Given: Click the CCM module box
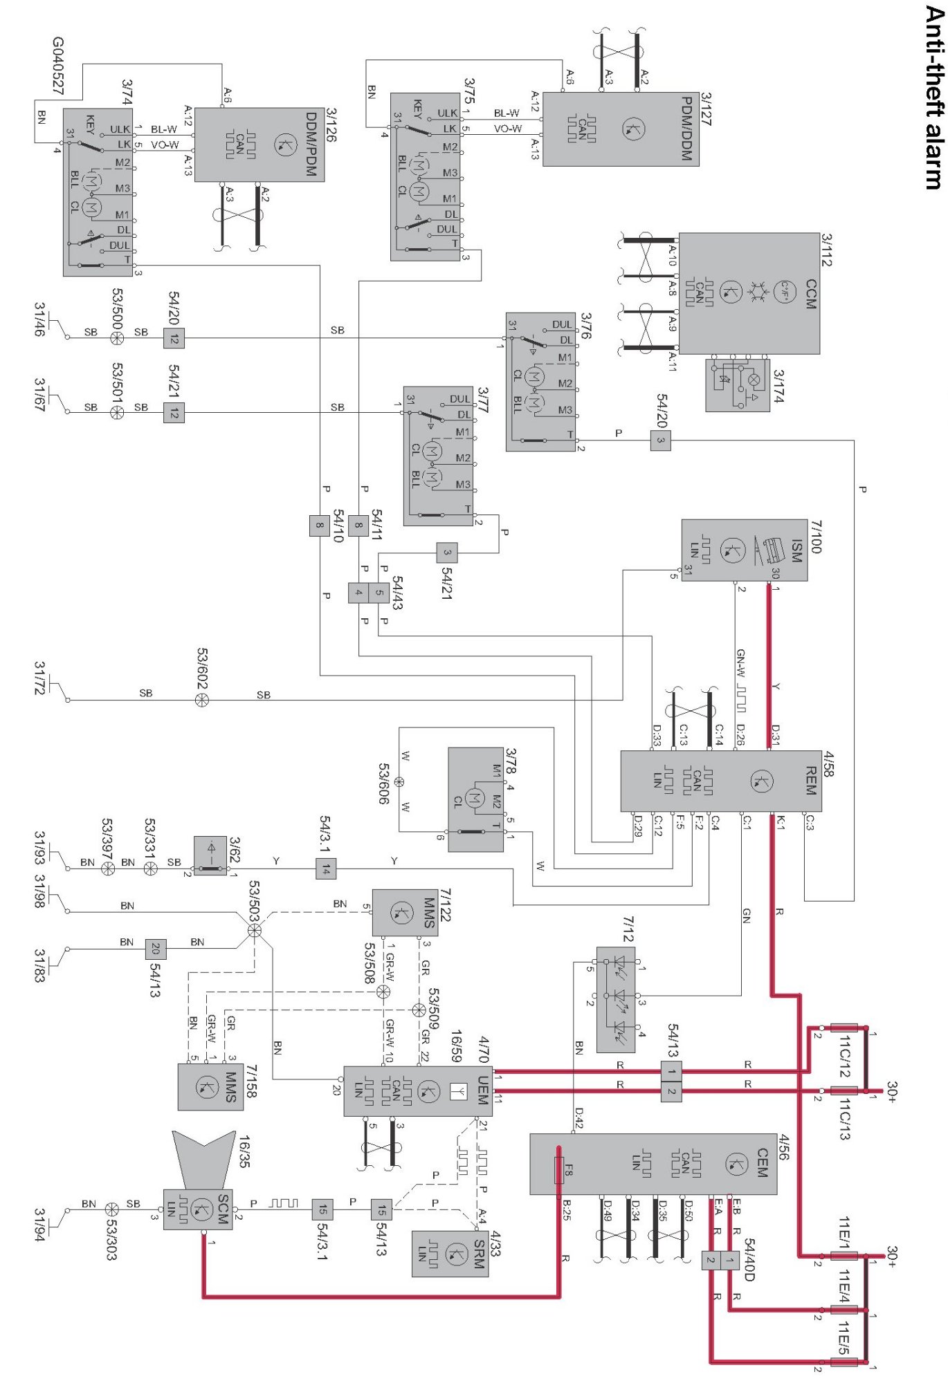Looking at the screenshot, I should tap(749, 293).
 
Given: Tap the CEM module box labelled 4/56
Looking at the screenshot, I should tap(653, 1164).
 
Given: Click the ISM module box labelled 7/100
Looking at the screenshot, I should tap(743, 550).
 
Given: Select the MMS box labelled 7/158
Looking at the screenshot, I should tap(210, 1086).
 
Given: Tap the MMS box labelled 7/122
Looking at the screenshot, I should tap(405, 912).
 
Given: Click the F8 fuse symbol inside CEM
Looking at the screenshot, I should tap(559, 1169).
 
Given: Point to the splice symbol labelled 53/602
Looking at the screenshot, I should tap(201, 700).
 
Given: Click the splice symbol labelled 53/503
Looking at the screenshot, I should tap(255, 930).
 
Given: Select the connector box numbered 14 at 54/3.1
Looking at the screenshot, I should tap(326, 869).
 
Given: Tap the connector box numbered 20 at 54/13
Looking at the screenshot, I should tap(156, 948).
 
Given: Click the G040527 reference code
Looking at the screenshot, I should tap(58, 66).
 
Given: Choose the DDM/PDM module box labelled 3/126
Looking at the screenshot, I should tap(259, 145).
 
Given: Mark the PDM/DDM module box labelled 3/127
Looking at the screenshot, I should tap(620, 129).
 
